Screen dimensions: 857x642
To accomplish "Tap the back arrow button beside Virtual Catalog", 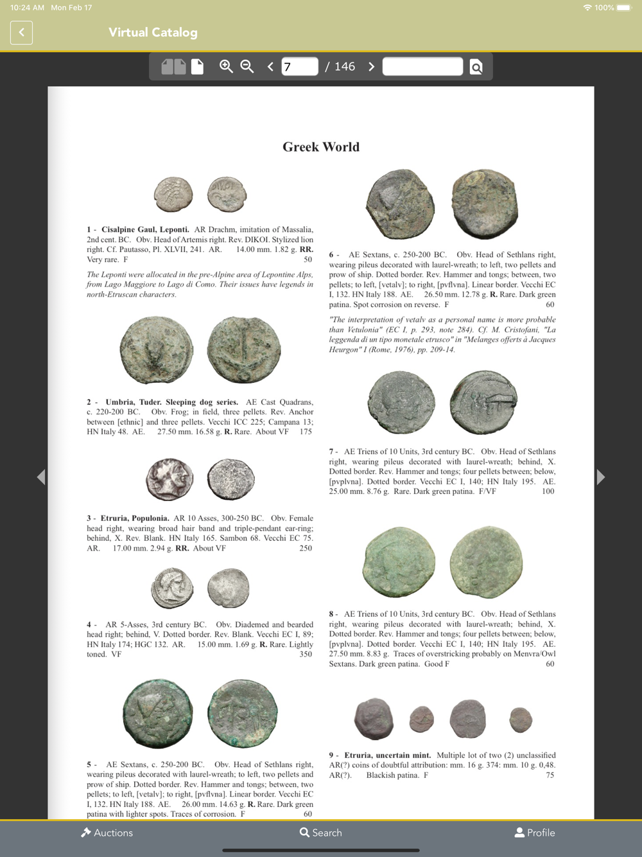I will (x=21, y=32).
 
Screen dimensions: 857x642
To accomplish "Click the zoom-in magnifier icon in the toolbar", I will (x=226, y=66).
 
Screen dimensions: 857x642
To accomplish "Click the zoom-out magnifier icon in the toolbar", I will (x=247, y=66).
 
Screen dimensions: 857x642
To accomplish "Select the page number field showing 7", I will (x=299, y=66).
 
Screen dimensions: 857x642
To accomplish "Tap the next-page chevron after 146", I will (x=371, y=66).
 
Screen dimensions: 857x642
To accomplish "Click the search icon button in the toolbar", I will (x=476, y=67).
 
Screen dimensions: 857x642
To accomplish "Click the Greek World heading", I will (x=321, y=146).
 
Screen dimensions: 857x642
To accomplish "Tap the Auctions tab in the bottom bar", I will (x=107, y=833).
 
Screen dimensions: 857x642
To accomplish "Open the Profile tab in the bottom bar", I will (x=535, y=833).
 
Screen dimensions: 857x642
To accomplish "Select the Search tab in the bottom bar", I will (x=320, y=833).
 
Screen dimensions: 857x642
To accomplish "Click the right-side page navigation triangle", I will (x=601, y=477).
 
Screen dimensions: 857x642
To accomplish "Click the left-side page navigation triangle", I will (x=41, y=477).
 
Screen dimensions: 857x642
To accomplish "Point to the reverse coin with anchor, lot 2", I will (x=244, y=350).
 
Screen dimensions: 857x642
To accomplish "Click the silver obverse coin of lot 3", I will (x=169, y=479).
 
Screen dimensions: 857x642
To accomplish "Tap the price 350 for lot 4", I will (x=306, y=654).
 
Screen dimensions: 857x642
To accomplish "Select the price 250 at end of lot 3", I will (x=306, y=548).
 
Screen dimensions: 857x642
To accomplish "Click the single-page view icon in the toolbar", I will (x=197, y=66).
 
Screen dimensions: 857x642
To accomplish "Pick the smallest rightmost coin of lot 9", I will (x=521, y=720).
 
